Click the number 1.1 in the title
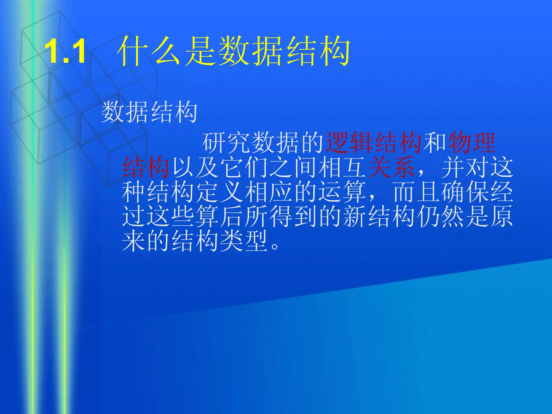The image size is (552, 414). click(65, 51)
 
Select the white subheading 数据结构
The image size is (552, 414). click(149, 112)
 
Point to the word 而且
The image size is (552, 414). click(416, 192)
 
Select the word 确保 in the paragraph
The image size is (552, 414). click(465, 192)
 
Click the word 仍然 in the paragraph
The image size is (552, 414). click(440, 216)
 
